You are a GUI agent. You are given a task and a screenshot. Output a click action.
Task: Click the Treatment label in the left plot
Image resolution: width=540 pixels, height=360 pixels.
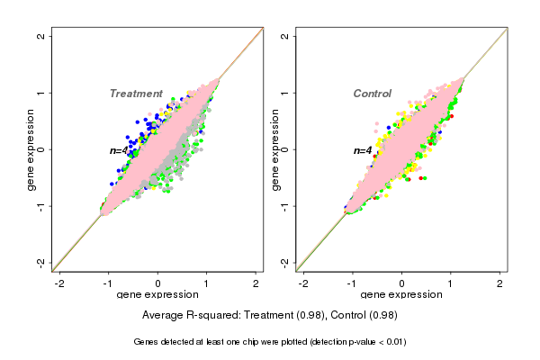tap(136, 94)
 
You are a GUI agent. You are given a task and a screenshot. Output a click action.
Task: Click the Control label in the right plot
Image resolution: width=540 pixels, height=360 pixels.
tap(372, 94)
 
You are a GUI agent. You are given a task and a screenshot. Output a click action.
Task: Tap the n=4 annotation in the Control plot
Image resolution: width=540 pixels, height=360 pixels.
tap(362, 150)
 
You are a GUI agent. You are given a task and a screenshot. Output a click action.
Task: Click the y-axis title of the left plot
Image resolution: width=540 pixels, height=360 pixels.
tap(31, 149)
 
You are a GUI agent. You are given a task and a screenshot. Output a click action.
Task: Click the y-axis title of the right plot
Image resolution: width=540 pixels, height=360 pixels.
tap(274, 149)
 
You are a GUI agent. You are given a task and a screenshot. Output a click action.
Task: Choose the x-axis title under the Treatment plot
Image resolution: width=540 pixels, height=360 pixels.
tap(157, 295)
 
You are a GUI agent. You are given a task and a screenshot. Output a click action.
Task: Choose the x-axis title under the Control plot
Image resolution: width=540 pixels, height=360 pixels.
tap(401, 295)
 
